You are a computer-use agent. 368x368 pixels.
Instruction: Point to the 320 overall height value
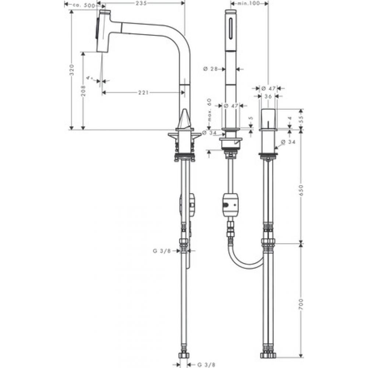72,70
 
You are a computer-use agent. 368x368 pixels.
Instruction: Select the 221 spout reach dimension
141,93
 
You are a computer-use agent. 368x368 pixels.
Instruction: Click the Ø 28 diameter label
210,69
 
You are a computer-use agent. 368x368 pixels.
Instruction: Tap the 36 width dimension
268,96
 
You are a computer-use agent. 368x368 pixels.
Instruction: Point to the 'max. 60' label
209,111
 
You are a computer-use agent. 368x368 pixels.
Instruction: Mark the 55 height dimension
301,118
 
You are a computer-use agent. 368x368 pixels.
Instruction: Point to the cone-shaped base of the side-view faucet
185,120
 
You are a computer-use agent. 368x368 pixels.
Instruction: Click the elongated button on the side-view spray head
98,29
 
